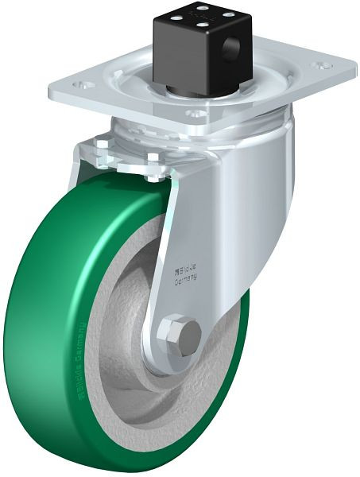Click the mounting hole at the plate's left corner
click(79, 83)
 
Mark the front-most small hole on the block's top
click(198, 23)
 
